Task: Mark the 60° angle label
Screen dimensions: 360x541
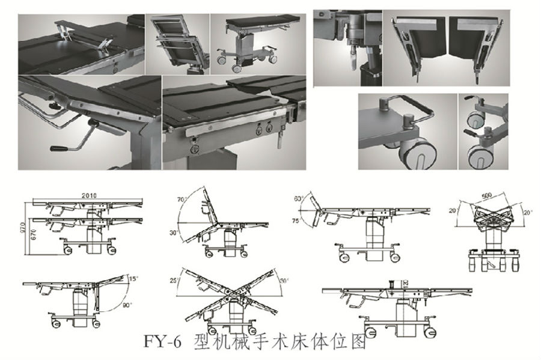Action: pyautogui.click(x=297, y=200)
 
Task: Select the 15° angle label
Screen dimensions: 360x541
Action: pyautogui.click(x=133, y=278)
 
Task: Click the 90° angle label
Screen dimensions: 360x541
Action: pyautogui.click(x=127, y=305)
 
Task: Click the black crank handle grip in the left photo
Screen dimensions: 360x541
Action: pyautogui.click(x=58, y=148)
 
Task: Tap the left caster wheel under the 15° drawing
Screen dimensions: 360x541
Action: pyautogui.click(x=56, y=323)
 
